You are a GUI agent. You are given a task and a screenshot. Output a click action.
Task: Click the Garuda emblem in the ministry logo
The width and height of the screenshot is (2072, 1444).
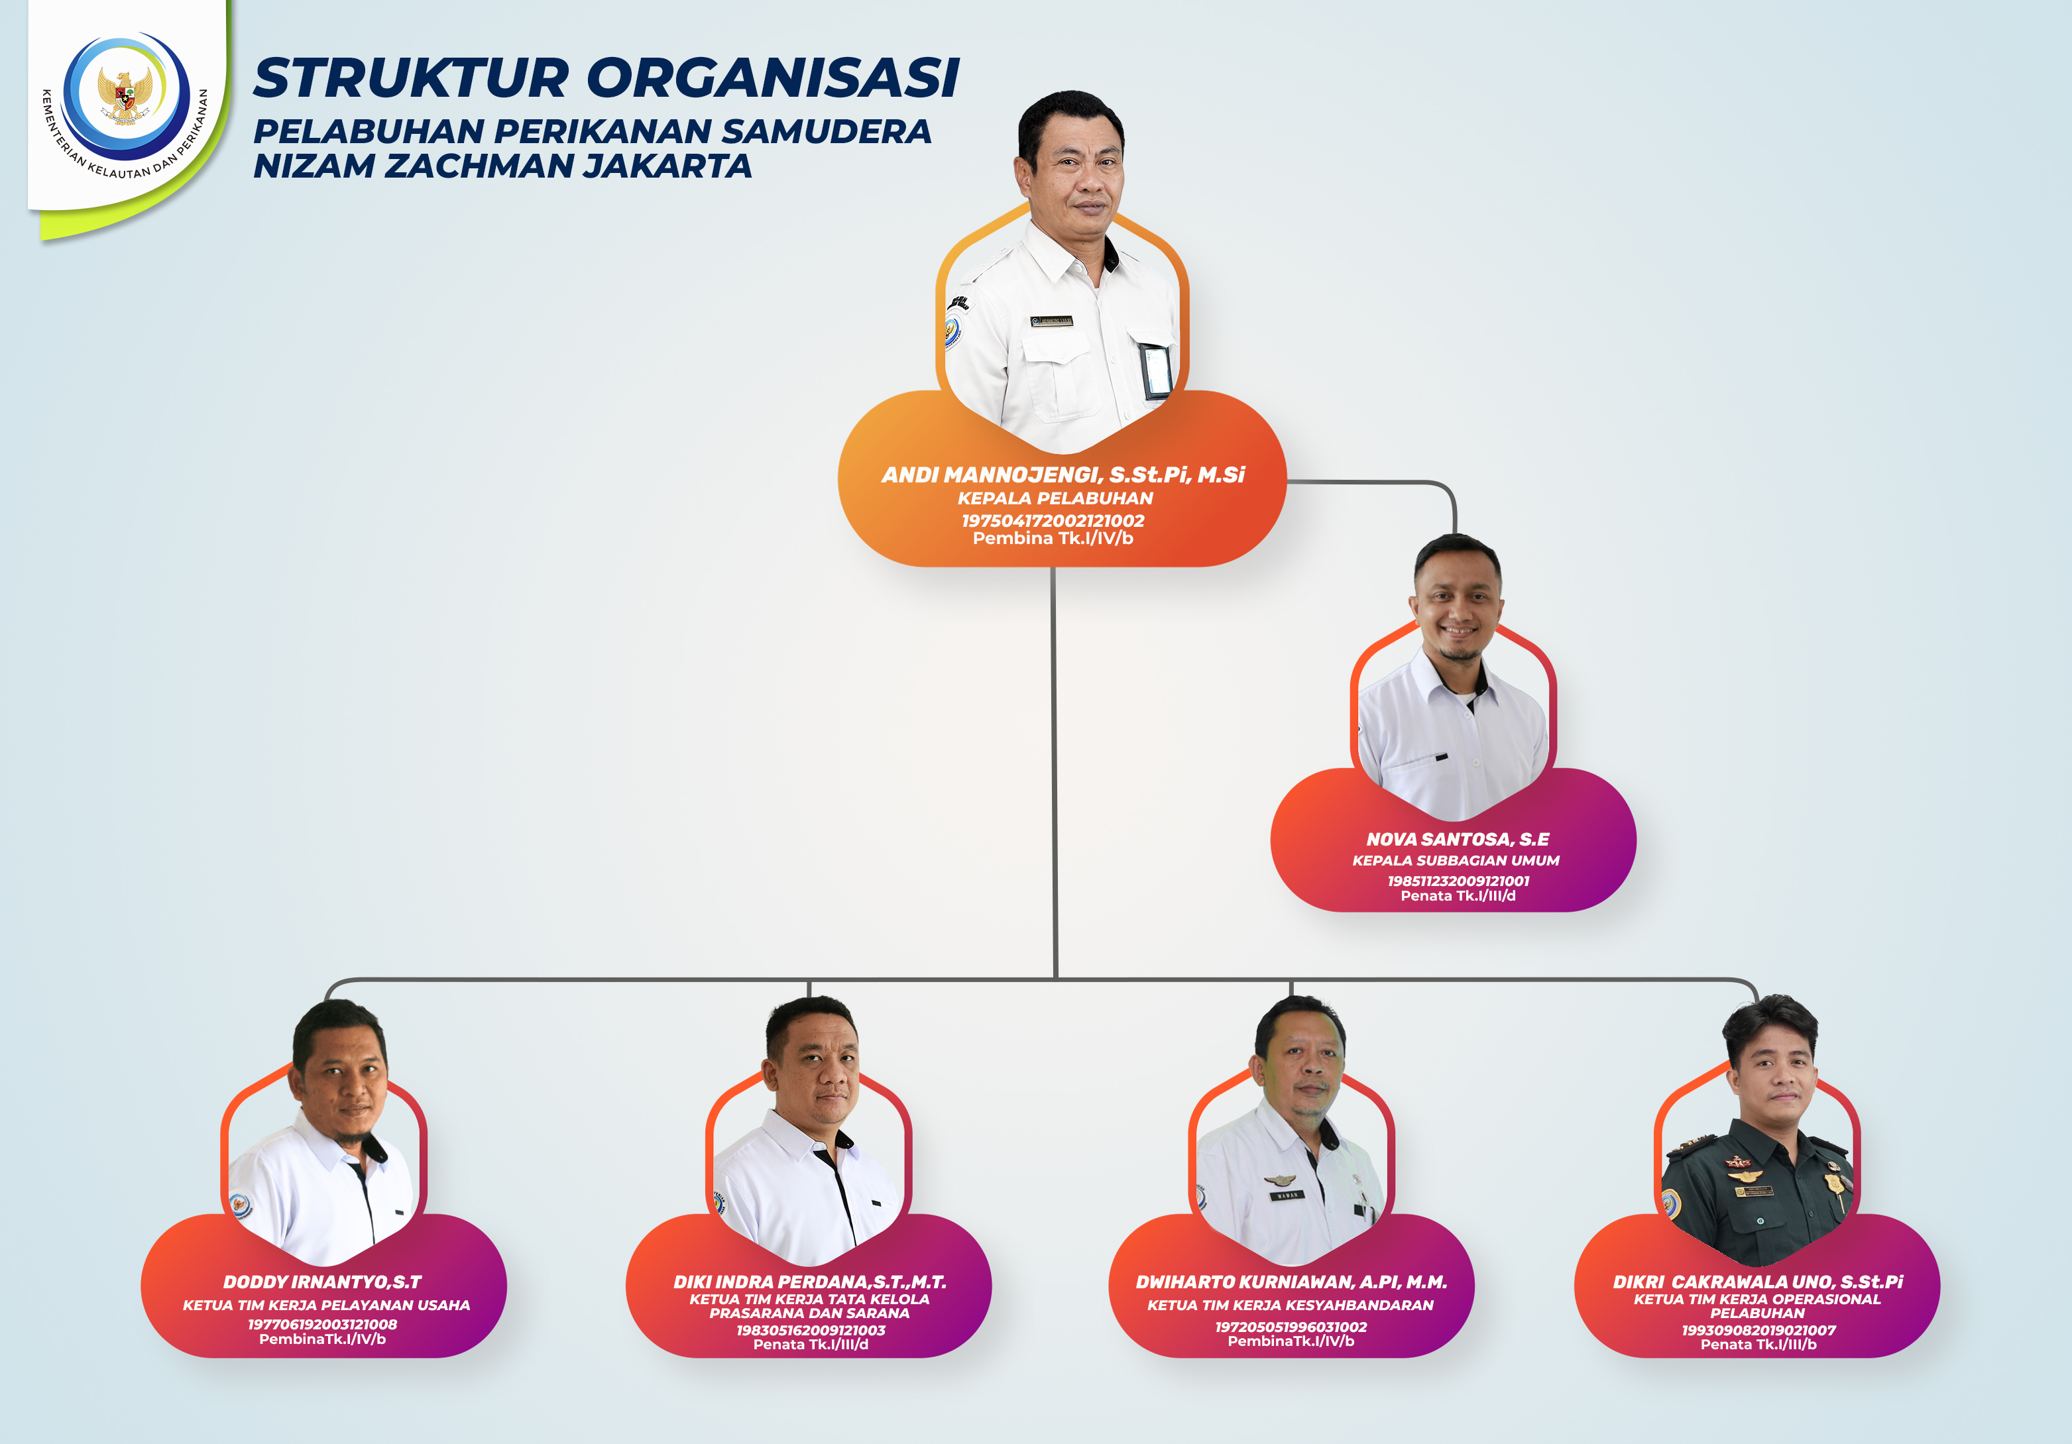[125, 94]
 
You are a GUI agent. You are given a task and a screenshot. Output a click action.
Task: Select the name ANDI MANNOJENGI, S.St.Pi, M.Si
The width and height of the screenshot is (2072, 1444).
[1062, 474]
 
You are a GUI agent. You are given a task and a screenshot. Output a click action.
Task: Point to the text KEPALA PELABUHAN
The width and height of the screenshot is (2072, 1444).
[1055, 498]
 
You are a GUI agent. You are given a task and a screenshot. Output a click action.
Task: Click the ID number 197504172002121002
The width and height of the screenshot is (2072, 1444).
[1053, 521]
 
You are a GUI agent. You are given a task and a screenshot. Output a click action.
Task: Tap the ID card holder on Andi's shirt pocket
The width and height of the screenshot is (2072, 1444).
[1156, 370]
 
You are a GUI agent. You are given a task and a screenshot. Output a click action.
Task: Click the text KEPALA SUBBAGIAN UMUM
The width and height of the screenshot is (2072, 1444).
[1455, 861]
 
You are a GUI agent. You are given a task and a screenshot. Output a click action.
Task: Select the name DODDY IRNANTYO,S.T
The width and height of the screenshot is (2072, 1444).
[322, 1282]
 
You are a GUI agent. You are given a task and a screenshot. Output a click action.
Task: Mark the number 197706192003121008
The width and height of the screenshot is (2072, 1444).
[322, 1324]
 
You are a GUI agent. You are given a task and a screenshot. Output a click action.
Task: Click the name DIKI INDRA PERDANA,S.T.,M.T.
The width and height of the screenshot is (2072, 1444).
[809, 1282]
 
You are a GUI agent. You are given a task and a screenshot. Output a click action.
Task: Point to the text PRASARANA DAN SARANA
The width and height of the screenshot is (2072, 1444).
[809, 1313]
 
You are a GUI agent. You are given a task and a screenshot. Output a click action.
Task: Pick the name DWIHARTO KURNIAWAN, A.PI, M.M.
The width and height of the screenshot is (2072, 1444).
[1291, 1282]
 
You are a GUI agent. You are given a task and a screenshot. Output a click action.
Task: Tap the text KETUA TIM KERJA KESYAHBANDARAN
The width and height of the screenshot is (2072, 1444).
[1291, 1305]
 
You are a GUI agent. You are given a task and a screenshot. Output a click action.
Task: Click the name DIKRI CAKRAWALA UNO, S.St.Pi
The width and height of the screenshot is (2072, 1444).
[1757, 1282]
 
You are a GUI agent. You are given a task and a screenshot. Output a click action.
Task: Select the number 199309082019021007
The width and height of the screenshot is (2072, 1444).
[1758, 1330]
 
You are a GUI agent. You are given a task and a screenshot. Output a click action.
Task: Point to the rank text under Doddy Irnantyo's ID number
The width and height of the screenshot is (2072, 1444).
[322, 1339]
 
